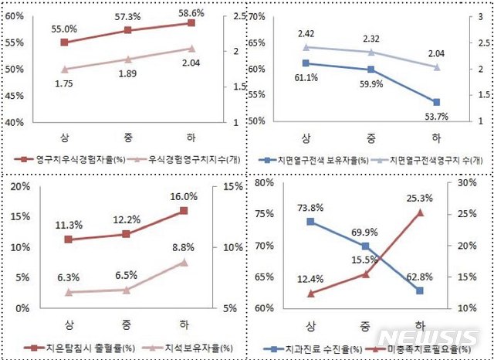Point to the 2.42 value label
point(307,34)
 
